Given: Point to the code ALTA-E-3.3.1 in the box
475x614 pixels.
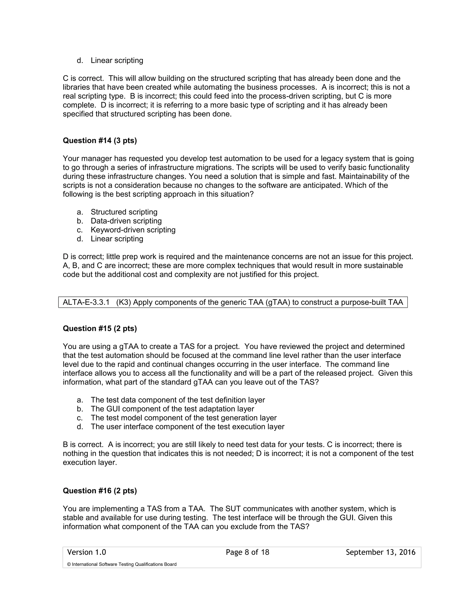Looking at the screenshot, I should (x=86, y=302).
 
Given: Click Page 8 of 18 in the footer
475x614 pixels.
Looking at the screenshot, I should (x=247, y=552).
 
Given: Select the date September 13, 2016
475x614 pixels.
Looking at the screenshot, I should (x=380, y=552).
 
